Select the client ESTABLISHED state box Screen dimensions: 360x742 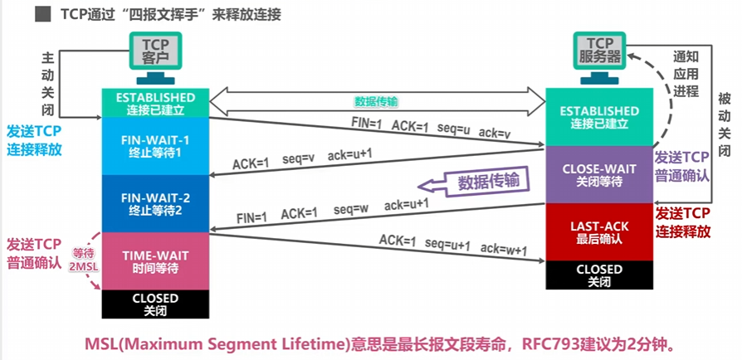coord(155,103)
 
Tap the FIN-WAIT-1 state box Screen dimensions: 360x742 coord(155,146)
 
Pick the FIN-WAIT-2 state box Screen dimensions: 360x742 coord(155,203)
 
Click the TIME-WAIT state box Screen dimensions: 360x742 coord(155,261)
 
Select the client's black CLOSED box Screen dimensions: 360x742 coord(155,304)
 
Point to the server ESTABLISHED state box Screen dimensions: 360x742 coord(599,117)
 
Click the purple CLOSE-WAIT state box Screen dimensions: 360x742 coord(599,174)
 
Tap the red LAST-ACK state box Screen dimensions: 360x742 coord(599,231)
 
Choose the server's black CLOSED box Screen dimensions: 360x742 coord(599,275)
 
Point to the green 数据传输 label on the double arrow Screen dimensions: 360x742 coord(376,101)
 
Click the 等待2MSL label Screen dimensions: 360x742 coord(85,260)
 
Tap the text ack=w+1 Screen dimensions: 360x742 coord(504,248)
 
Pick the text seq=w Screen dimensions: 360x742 coord(350,210)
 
